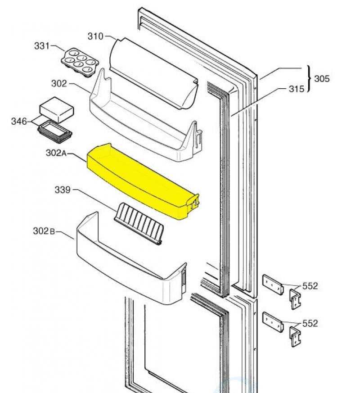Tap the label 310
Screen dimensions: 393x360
coord(95,36)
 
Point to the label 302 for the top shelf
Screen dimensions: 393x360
coord(59,83)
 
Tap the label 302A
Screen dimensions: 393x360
coord(56,153)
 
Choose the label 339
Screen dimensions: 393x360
coord(63,190)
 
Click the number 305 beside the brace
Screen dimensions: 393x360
coord(322,79)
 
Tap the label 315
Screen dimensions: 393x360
coord(296,89)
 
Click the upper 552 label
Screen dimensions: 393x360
coord(310,286)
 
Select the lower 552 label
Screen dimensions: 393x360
coord(310,323)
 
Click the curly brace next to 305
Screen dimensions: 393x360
coord(309,79)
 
